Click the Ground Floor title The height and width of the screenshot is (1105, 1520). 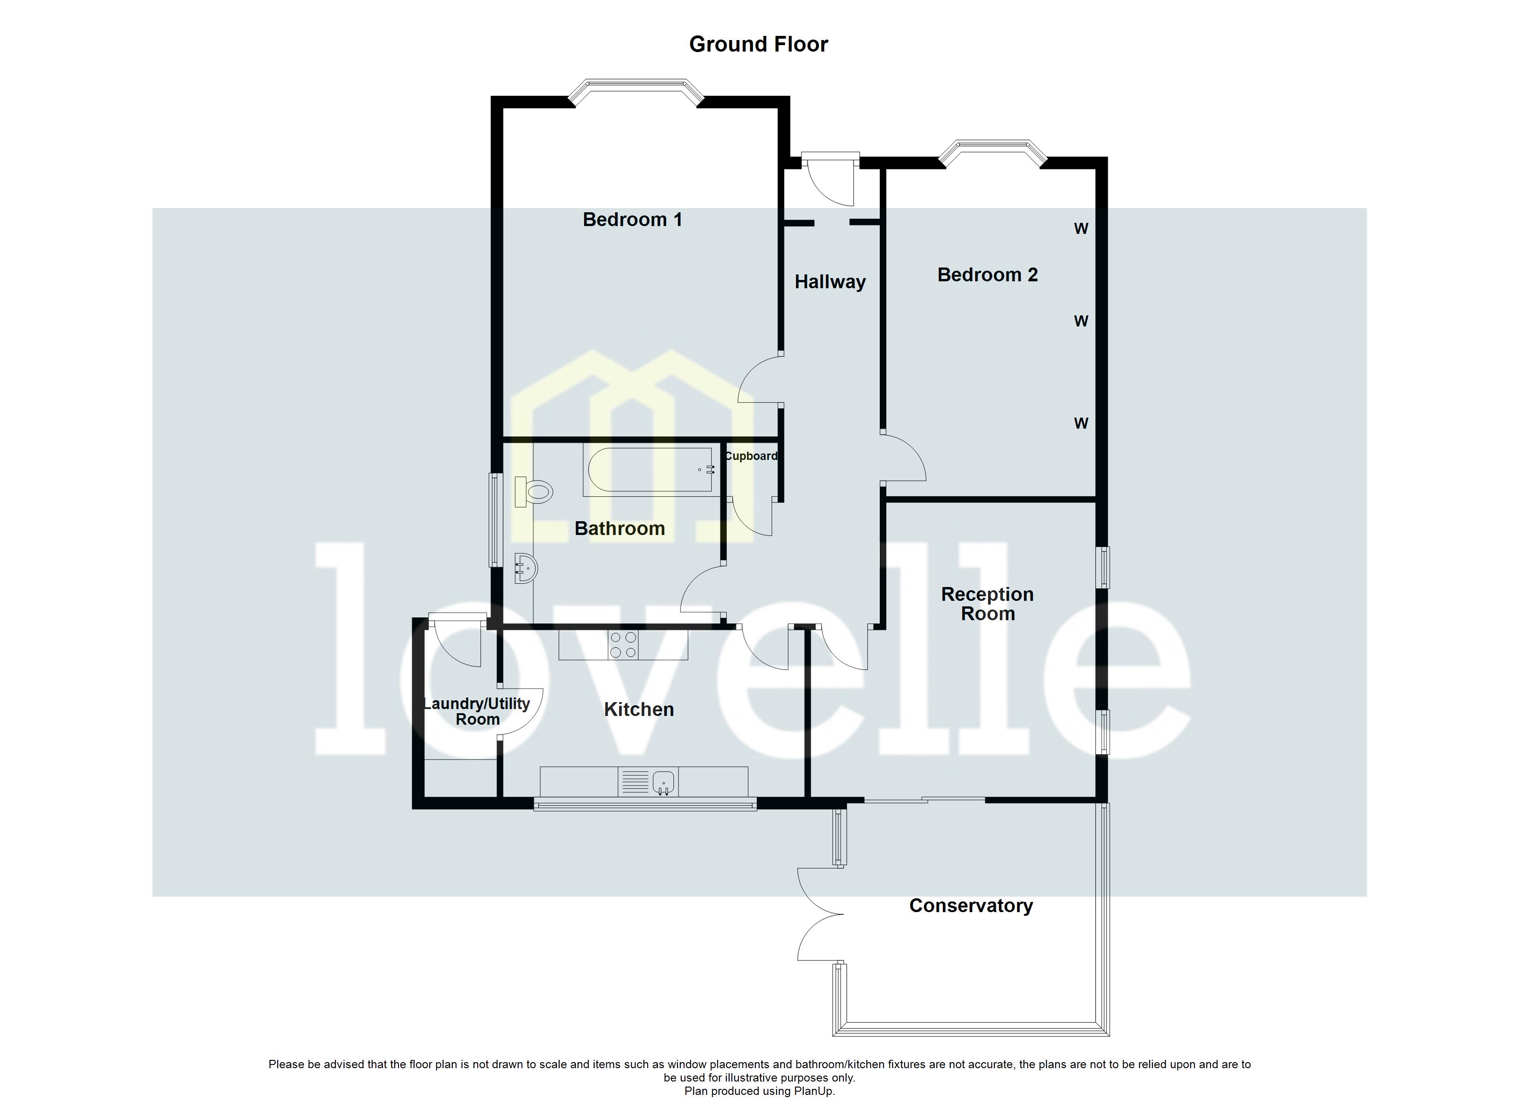[x=758, y=44]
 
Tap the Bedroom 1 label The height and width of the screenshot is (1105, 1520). [x=632, y=220]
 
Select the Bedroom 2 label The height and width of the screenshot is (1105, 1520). [x=987, y=275]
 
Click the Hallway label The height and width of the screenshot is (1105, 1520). [x=830, y=282]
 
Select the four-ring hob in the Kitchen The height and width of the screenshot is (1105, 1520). [x=623, y=646]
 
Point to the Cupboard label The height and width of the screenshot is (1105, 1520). [x=751, y=456]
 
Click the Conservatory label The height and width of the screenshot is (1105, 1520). [x=970, y=906]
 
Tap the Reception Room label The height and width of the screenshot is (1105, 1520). [x=987, y=604]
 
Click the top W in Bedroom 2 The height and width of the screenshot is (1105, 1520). [x=1081, y=229]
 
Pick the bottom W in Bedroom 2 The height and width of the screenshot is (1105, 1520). [x=1081, y=424]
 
